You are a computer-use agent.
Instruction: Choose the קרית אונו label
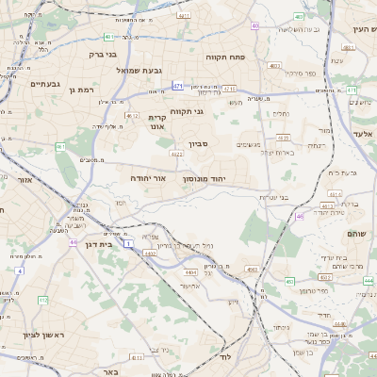(x=156, y=122)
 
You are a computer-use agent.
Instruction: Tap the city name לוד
(x=223, y=358)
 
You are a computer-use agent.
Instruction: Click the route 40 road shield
(x=255, y=25)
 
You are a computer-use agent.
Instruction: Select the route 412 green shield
(x=43, y=300)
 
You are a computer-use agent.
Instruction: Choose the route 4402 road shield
(x=149, y=253)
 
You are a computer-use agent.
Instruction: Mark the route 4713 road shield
(x=229, y=88)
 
